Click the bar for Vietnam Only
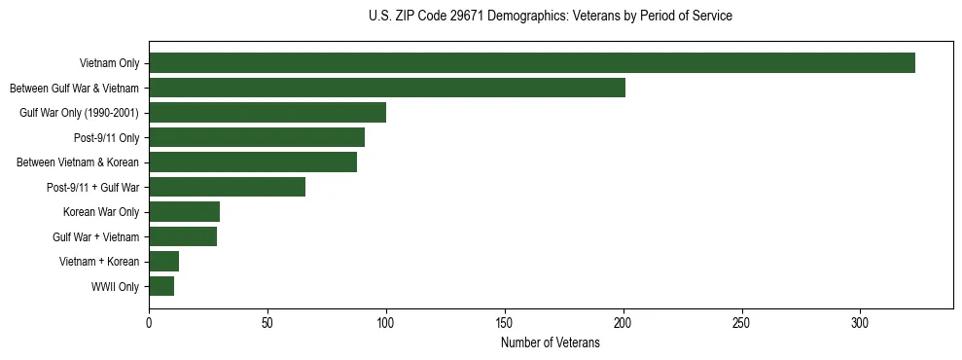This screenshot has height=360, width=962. coord(532,63)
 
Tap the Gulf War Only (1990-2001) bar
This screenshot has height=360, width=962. coord(267,113)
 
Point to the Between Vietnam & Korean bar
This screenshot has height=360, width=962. coord(253,162)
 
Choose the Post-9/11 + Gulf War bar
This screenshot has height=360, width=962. coord(227,187)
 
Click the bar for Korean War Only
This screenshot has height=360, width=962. coord(184,212)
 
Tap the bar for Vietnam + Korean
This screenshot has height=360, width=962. coord(163,262)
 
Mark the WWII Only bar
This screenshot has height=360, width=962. coord(161,286)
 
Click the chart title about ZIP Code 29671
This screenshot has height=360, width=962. coord(551,17)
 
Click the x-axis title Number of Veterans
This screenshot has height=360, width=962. coord(551,343)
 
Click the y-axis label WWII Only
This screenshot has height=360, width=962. coord(115,287)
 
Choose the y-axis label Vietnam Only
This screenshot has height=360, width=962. coord(110,64)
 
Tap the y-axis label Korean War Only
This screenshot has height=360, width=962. coord(101,212)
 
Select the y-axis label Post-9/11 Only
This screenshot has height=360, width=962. coord(107,138)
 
